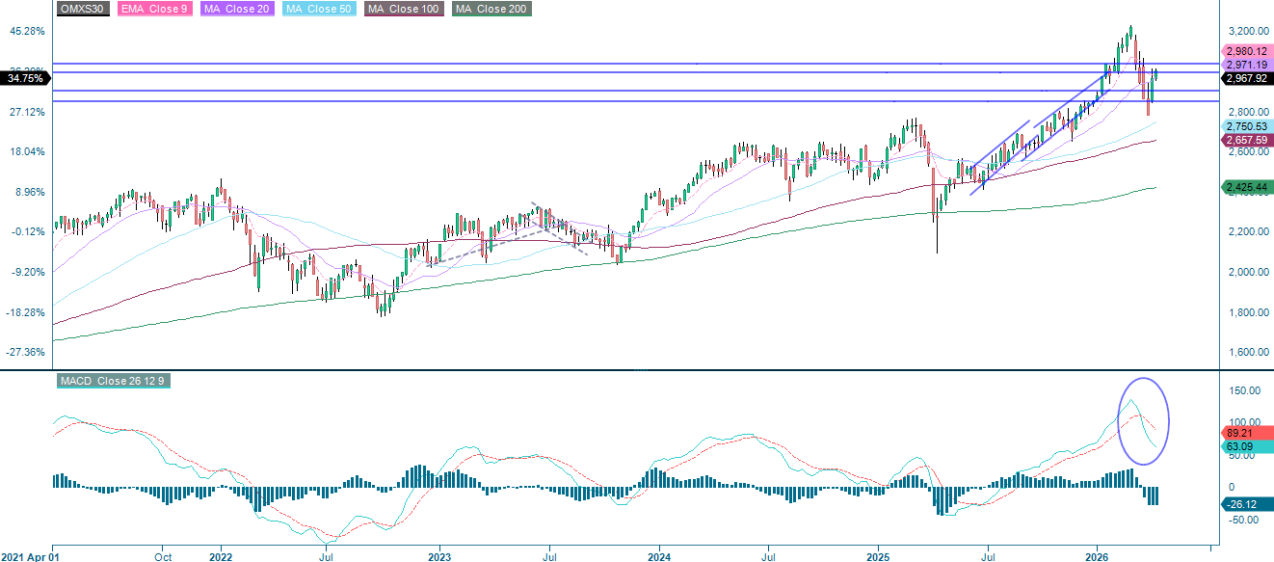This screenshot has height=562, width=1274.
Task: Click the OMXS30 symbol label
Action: [82, 9]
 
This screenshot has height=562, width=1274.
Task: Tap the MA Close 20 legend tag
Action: [237, 9]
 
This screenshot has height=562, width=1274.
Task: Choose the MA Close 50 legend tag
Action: [319, 9]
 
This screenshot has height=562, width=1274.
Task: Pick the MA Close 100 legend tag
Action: [404, 9]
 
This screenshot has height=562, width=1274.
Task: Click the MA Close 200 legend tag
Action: [491, 9]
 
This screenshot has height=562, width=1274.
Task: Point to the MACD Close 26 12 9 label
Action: [113, 381]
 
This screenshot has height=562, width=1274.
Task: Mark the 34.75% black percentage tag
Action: [23, 78]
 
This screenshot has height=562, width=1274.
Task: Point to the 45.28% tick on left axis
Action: [26, 31]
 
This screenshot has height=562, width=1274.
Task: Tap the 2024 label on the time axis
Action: [659, 556]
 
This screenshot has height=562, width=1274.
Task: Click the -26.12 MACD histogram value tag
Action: [1243, 503]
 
